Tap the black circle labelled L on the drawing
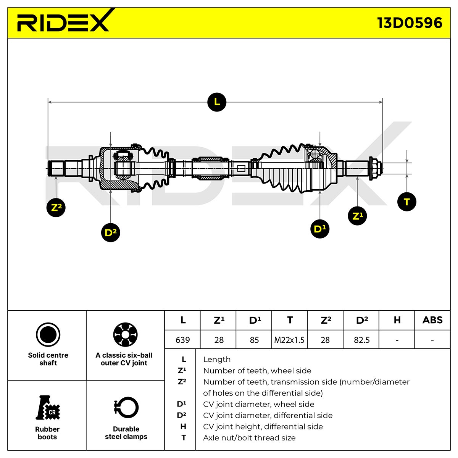point(216,102)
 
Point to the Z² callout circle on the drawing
point(56,207)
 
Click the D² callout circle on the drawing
point(111,232)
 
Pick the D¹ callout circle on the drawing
point(320,229)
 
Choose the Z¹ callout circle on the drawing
point(357,216)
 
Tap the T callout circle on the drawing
point(406,202)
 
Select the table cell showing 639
point(182,340)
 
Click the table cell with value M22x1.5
point(289,340)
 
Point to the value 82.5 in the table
point(361,340)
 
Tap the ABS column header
point(432,320)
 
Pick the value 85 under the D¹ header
point(254,340)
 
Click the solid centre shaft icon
point(48,334)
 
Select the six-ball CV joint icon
point(125,334)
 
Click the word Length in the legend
point(216,360)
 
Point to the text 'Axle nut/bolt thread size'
point(249,437)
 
